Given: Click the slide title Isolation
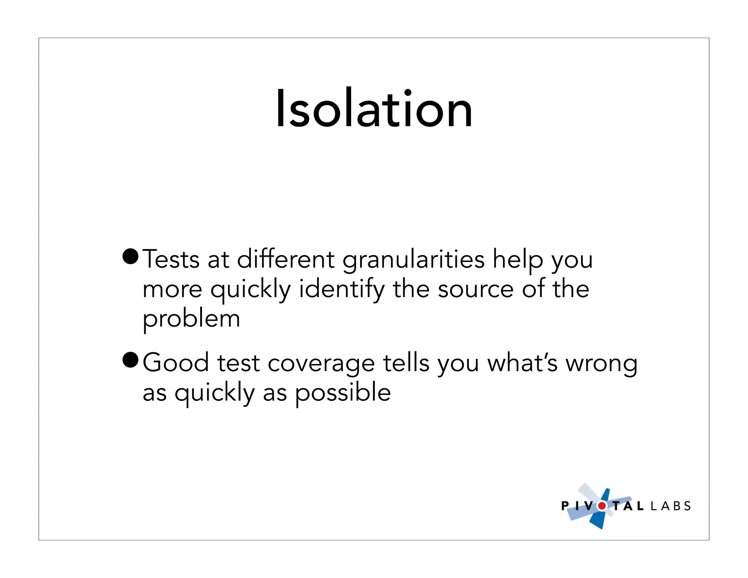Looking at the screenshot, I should click(x=374, y=109).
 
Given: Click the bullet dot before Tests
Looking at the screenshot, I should click(x=130, y=256).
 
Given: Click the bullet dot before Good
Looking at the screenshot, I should click(x=130, y=360).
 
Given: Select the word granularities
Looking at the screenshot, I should click(x=413, y=260).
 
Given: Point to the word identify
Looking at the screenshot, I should click(x=341, y=289).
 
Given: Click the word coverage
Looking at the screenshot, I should click(x=321, y=364).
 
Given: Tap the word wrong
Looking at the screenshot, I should click(x=602, y=364).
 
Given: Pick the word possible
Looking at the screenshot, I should click(x=343, y=393).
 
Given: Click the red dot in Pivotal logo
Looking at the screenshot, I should click(x=602, y=506).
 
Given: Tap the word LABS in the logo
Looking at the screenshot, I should click(x=671, y=506).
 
